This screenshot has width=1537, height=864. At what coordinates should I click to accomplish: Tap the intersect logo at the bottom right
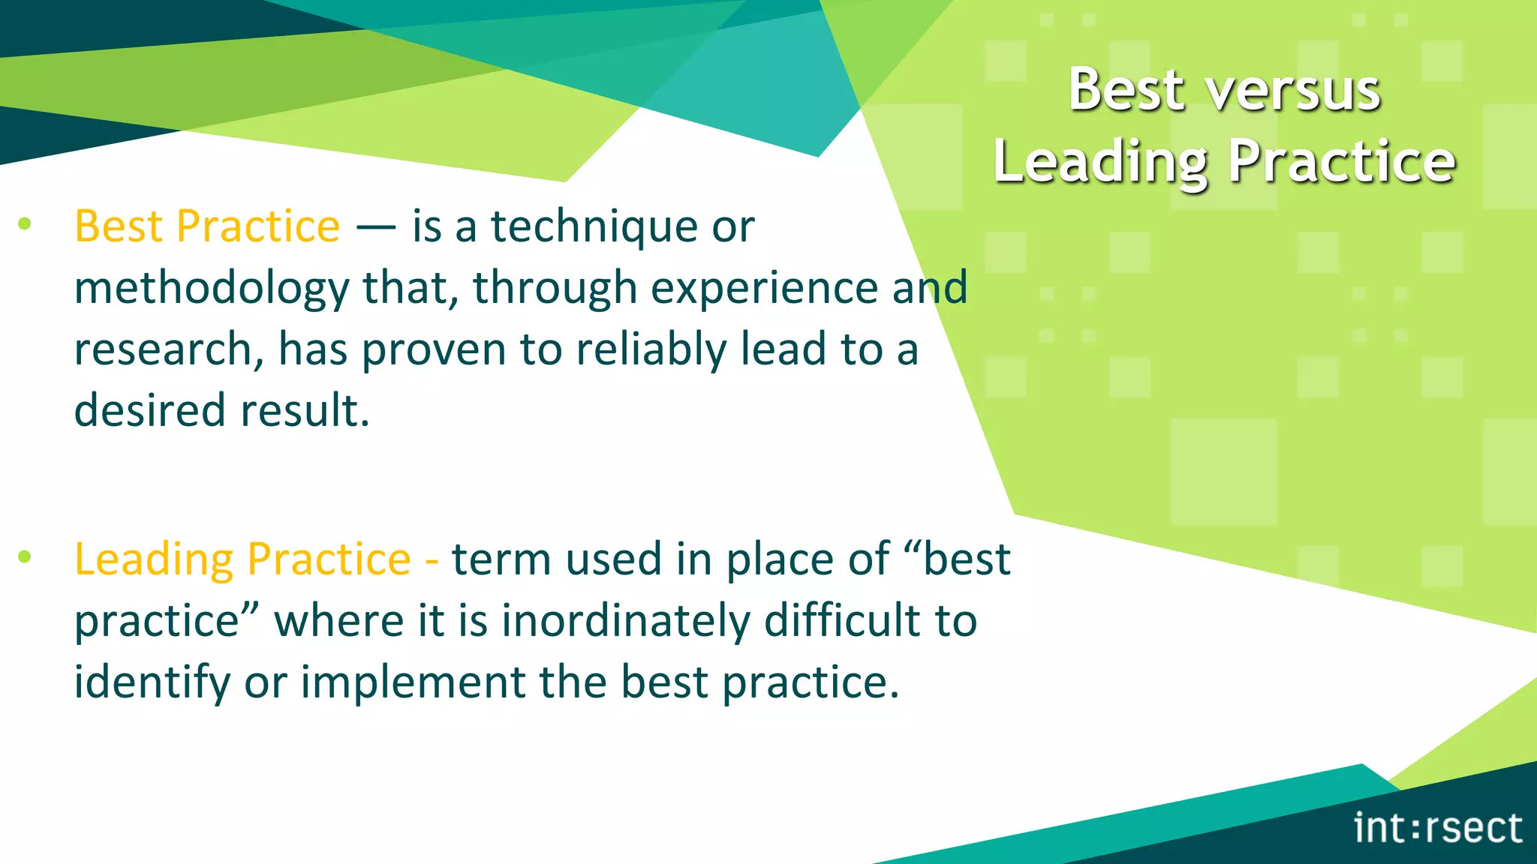[1437, 828]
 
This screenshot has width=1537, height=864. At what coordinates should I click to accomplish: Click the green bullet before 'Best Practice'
[25, 223]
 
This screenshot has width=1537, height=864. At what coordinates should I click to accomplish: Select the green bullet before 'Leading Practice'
[25, 556]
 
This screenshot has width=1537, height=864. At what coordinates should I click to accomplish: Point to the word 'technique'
[594, 226]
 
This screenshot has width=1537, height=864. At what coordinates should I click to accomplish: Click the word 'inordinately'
[626, 621]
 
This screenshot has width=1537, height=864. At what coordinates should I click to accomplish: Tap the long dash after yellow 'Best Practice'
[375, 227]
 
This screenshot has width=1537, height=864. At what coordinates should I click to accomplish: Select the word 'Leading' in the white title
[1100, 163]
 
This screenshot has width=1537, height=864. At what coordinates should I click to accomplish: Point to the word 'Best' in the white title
[1126, 90]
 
